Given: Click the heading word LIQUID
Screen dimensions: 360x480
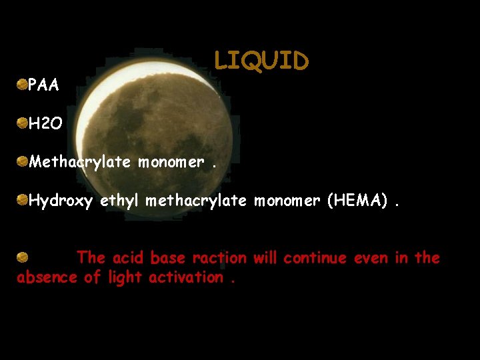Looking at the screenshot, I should [261, 61].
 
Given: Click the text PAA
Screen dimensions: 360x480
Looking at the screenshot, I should [43, 85].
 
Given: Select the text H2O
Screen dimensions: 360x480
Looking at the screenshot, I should [45, 123].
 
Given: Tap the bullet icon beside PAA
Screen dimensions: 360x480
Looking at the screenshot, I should [22, 84].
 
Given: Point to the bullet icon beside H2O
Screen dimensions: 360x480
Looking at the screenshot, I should [22, 122].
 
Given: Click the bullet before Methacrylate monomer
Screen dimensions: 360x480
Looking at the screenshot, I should [22, 161].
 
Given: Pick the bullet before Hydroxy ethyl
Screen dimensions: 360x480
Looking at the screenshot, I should [22, 199].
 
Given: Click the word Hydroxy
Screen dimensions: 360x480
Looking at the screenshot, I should [61, 201].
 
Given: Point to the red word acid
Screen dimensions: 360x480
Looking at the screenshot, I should [129, 257].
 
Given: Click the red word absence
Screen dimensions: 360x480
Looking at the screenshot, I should [47, 277].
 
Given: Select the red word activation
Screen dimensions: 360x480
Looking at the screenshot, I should [186, 277].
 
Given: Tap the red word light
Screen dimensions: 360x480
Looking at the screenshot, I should [125, 277].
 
